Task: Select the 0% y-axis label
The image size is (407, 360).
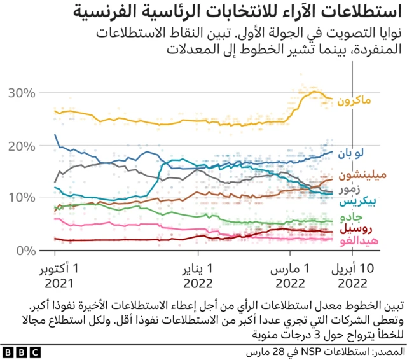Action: pos(25,251)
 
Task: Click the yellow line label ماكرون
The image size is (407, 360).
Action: pos(354,101)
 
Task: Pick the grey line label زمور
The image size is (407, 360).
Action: pos(352,190)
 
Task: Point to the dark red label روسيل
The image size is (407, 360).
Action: pos(354,228)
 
